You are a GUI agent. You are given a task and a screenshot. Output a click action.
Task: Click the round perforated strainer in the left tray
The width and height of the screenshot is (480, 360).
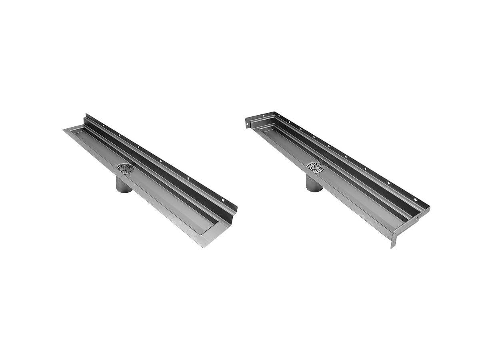click(x=125, y=169)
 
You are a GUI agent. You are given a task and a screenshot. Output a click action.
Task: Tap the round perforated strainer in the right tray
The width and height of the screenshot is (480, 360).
click(x=315, y=167)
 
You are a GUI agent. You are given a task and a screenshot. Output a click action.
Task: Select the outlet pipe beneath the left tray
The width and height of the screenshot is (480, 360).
click(x=124, y=184)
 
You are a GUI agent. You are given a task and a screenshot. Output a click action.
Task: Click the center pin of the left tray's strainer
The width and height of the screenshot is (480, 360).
click(x=125, y=168)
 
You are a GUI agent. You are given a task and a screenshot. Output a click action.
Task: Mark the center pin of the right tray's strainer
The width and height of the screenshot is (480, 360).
click(x=315, y=166)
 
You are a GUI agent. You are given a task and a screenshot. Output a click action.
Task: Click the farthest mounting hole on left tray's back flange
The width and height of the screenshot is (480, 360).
click(x=88, y=117)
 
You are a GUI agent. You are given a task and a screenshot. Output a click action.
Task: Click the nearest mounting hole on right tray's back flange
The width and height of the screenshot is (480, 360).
click(x=415, y=199)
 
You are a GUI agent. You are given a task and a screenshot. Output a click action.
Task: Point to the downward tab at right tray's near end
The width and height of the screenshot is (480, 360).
click(x=394, y=242)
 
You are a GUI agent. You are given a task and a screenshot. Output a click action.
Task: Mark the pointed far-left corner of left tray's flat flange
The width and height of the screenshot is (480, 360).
click(x=64, y=129)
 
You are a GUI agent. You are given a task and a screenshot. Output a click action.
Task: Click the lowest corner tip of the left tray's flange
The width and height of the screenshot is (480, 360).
click(x=204, y=247)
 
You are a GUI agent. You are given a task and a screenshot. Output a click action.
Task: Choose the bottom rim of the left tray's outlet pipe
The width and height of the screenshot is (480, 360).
click(x=124, y=191)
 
